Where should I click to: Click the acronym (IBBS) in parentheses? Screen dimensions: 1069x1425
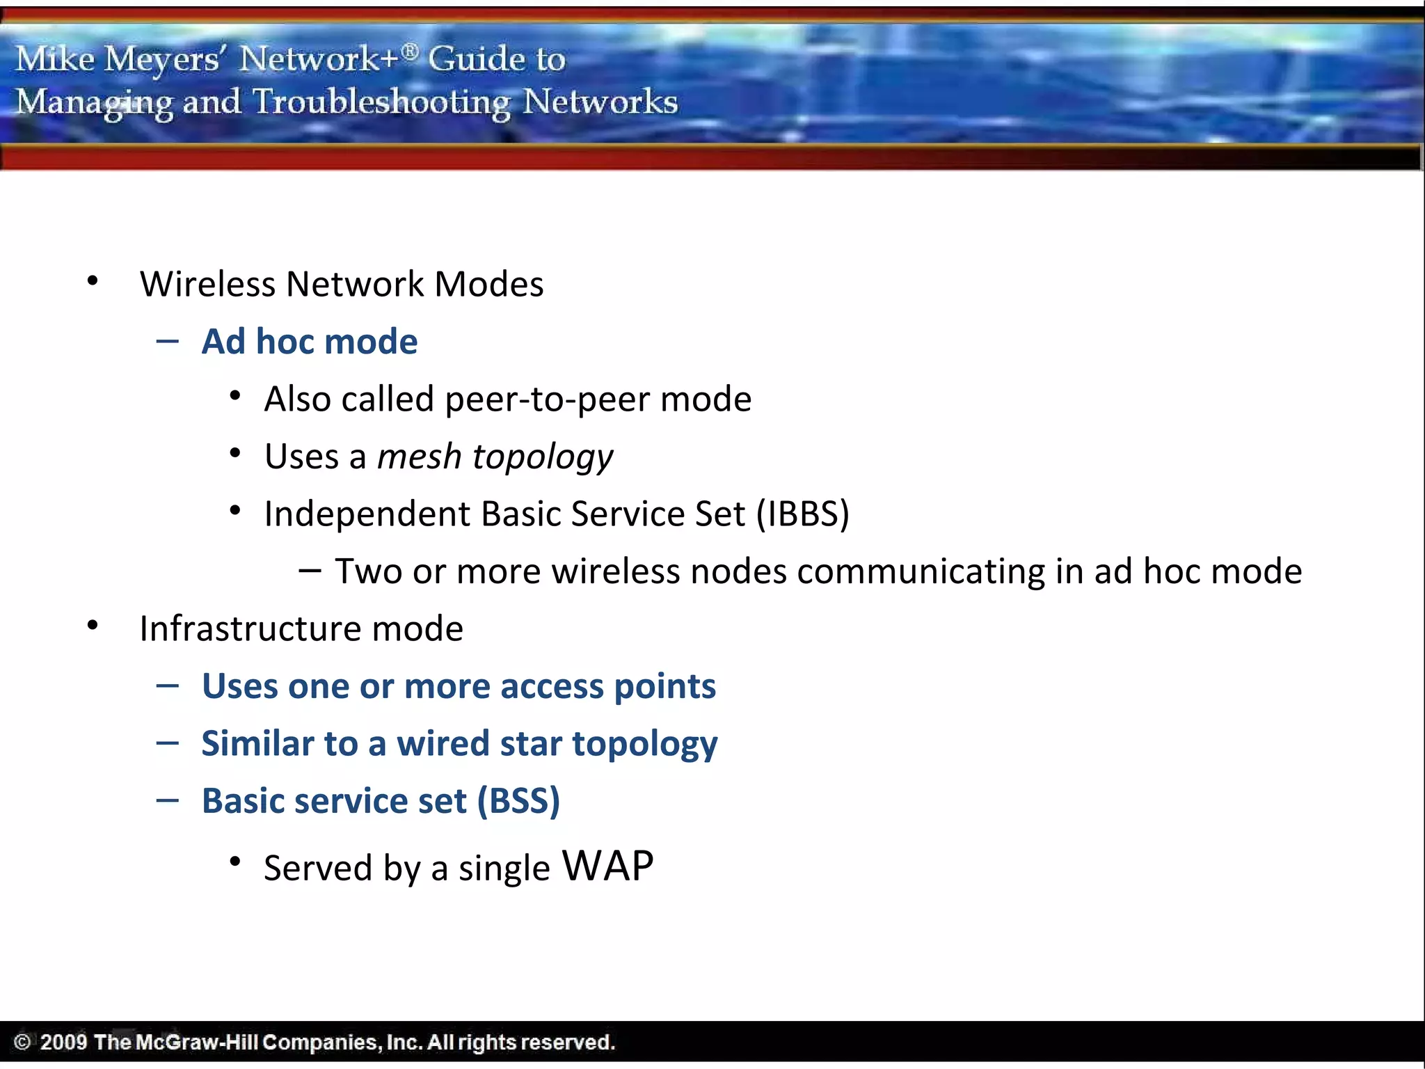pyautogui.click(x=803, y=514)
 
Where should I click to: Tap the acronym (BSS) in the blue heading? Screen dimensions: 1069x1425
pyautogui.click(x=518, y=801)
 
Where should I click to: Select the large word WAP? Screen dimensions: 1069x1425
pyautogui.click(x=607, y=866)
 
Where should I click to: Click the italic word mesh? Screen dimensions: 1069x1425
pyautogui.click(x=419, y=457)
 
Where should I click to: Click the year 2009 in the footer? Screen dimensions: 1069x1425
pyautogui.click(x=63, y=1042)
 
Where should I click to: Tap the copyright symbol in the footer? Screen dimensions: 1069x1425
pyautogui.click(x=22, y=1042)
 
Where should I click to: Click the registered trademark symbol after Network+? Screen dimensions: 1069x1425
pyautogui.click(x=411, y=51)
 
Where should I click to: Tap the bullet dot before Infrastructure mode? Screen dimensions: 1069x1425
pyautogui.click(x=93, y=625)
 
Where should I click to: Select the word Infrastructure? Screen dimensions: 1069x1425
pyautogui.click(x=250, y=629)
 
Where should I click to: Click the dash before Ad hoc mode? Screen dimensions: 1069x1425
pyautogui.click(x=168, y=341)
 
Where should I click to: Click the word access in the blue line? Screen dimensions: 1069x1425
pyautogui.click(x=552, y=686)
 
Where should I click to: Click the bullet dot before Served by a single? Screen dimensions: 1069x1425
pyautogui.click(x=235, y=862)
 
